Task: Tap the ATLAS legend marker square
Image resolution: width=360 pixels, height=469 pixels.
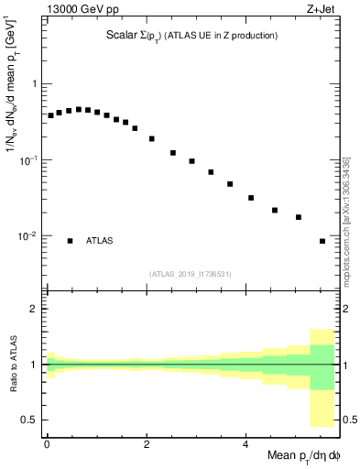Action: (x=70, y=241)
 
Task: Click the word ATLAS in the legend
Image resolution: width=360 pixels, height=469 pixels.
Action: (x=100, y=241)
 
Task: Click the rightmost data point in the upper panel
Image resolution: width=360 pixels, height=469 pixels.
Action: (x=322, y=241)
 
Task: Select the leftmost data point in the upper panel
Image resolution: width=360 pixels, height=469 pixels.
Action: (x=50, y=115)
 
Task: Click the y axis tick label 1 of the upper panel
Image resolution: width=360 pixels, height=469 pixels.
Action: (x=32, y=83)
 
